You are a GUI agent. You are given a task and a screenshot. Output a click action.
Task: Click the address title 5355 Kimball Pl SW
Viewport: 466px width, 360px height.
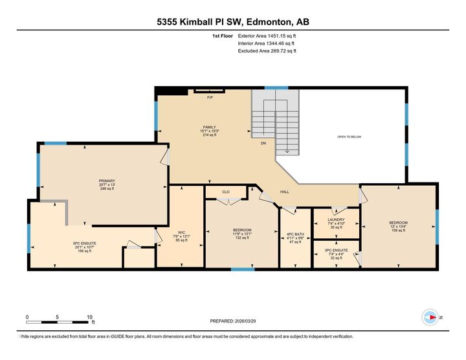232,21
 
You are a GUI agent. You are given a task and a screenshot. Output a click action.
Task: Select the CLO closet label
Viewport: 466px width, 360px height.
226,192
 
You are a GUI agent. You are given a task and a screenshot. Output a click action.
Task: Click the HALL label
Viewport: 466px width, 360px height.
285,192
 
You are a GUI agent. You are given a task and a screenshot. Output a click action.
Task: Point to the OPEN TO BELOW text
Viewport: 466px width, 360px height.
349,137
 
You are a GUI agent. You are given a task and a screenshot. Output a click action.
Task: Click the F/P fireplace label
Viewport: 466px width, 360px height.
210,98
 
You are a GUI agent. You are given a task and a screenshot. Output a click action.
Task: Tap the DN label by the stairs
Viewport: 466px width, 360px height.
263,143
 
